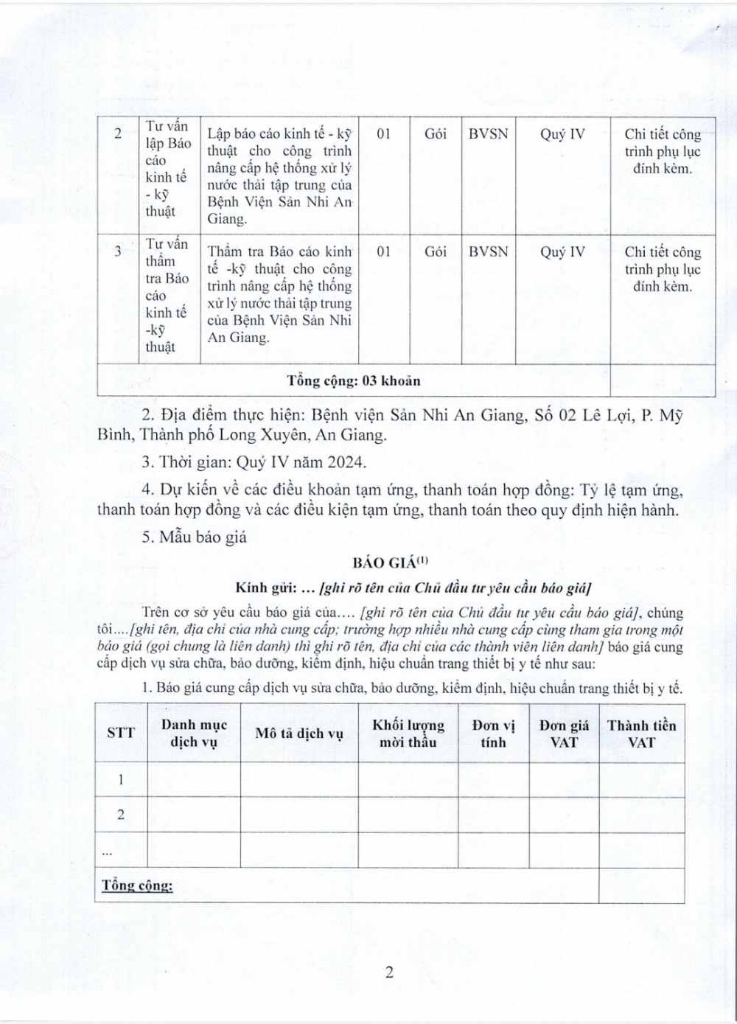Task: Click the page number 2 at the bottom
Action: point(388,972)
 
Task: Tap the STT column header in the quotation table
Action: point(121,734)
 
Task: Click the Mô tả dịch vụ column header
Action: point(299,734)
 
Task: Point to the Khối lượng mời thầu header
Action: point(408,734)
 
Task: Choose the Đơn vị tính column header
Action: point(493,734)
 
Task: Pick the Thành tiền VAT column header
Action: point(641,734)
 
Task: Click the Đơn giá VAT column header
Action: point(564,734)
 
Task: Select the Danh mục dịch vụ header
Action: point(194,734)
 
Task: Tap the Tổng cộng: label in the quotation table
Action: point(137,885)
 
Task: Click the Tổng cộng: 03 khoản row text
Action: point(354,381)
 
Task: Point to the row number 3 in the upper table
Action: point(118,251)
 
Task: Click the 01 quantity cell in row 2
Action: point(383,133)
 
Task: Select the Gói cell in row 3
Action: point(436,251)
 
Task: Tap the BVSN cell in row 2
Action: point(489,133)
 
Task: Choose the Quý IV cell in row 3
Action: point(562,251)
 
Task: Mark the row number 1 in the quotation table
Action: point(121,779)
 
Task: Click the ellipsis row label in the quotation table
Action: point(107,851)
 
